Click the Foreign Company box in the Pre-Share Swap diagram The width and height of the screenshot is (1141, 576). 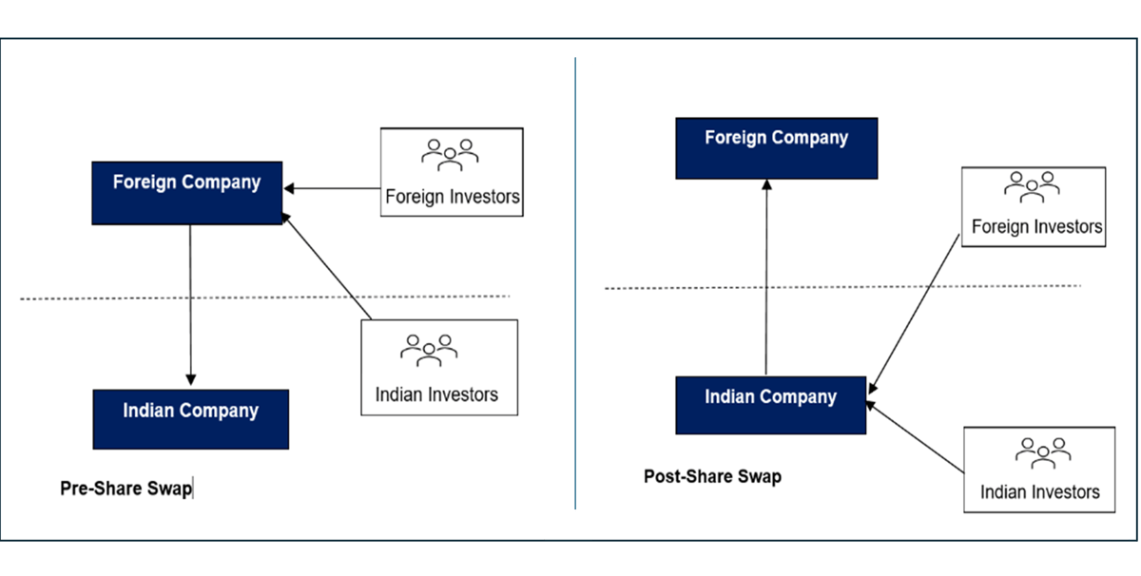click(187, 193)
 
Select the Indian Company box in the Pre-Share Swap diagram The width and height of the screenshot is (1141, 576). click(190, 418)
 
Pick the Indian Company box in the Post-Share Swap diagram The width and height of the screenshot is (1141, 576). click(770, 405)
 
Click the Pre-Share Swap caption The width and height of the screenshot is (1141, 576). click(126, 489)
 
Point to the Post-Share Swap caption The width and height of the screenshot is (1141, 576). click(712, 476)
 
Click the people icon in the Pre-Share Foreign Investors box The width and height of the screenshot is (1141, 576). click(451, 155)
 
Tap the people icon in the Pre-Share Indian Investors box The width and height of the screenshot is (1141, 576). click(430, 350)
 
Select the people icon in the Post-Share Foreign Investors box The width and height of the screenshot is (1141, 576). click(1033, 186)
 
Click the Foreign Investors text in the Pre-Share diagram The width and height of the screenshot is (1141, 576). click(452, 197)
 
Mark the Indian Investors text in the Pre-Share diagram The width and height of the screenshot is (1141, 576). click(436, 394)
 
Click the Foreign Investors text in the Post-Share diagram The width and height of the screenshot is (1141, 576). click(1036, 227)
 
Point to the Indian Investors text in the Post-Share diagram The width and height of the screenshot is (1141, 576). click(1039, 491)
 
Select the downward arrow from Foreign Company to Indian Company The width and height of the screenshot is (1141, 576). click(190, 304)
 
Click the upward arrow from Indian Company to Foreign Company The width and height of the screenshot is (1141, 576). click(765, 276)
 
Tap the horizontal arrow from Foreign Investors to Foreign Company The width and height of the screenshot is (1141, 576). click(333, 189)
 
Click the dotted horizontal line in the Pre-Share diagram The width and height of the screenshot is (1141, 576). click(95, 298)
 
